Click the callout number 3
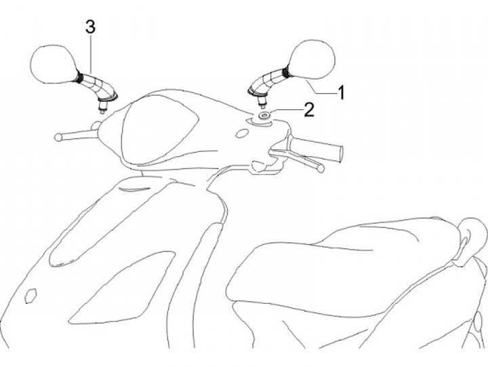pyautogui.click(x=90, y=26)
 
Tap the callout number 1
pyautogui.click(x=342, y=92)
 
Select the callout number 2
pyautogui.click(x=309, y=110)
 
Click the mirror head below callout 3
pyautogui.click(x=54, y=64)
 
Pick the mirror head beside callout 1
pyautogui.click(x=312, y=59)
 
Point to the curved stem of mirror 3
pyautogui.click(x=96, y=84)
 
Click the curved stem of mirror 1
pyautogui.click(x=268, y=81)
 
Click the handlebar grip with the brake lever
pyautogui.click(x=317, y=149)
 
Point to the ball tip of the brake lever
pyautogui.click(x=320, y=168)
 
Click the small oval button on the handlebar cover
pyautogui.click(x=241, y=134)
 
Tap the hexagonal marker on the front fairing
pyautogui.click(x=30, y=295)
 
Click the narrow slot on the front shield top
pyautogui.click(x=134, y=189)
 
